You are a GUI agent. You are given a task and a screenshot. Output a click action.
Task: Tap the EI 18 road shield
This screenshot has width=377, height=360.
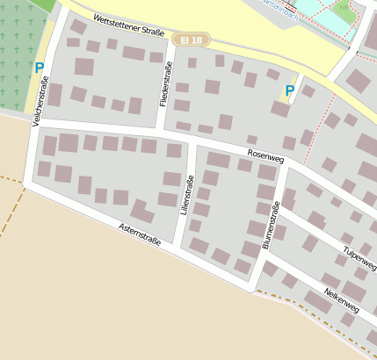[192, 40]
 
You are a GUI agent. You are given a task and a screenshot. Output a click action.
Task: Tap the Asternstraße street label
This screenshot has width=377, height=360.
[140, 234]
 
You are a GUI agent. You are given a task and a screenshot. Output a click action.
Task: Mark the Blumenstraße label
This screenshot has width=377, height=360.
[270, 225]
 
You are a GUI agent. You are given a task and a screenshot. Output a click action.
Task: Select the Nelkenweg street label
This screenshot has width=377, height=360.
[341, 299]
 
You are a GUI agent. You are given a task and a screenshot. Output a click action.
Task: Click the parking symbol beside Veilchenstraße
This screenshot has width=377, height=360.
[39, 67]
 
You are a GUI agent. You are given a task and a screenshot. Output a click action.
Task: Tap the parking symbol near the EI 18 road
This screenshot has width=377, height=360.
[290, 90]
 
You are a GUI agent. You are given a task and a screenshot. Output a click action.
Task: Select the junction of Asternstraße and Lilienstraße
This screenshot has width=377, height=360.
[178, 248]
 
